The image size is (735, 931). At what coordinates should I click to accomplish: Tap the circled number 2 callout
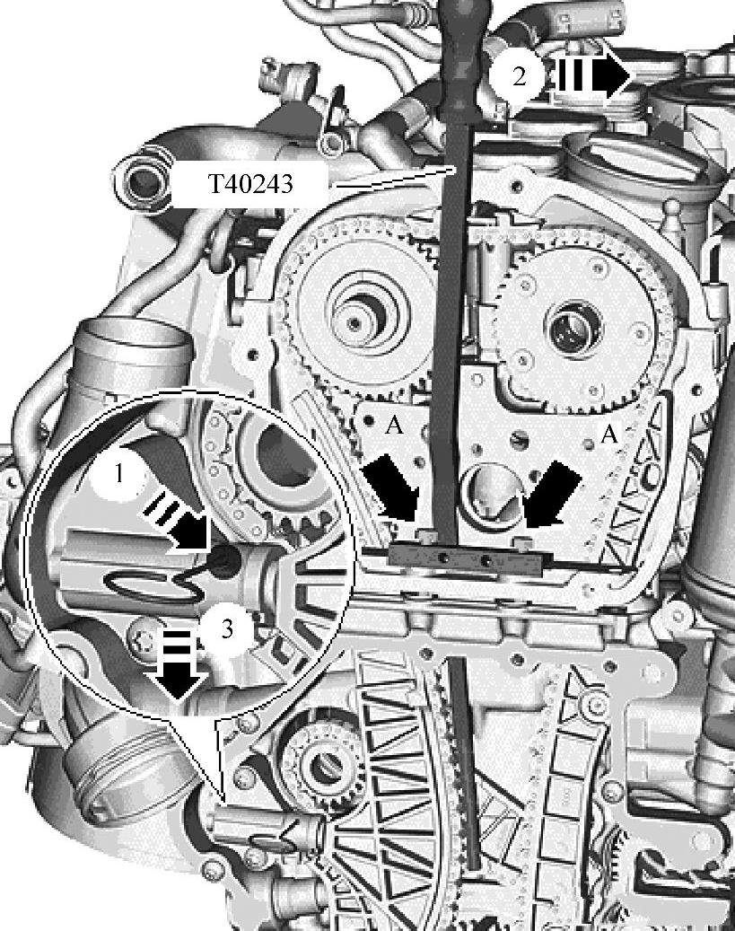click(x=519, y=76)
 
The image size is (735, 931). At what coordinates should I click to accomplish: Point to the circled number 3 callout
click(x=227, y=629)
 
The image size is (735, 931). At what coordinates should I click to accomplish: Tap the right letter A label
click(x=609, y=435)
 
